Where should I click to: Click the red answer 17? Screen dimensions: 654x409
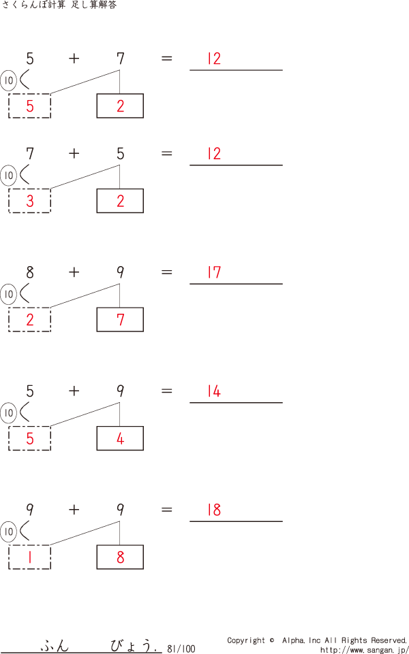(x=214, y=273)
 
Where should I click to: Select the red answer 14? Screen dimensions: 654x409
(x=214, y=391)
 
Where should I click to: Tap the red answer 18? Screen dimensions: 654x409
(x=214, y=510)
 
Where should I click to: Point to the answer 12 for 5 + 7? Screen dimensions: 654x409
(x=214, y=59)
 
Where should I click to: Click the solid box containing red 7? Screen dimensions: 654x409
(x=120, y=319)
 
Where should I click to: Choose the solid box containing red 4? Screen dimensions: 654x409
(x=120, y=438)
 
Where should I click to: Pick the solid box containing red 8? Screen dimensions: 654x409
(x=120, y=557)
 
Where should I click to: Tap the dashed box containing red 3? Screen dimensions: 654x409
(x=29, y=201)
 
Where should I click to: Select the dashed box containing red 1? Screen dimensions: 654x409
(x=29, y=557)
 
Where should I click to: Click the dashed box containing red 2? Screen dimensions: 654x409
(x=29, y=319)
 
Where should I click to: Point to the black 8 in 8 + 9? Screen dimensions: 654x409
(x=29, y=273)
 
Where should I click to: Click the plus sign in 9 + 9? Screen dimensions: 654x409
(x=74, y=510)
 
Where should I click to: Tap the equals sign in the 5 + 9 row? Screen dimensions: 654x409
(x=166, y=391)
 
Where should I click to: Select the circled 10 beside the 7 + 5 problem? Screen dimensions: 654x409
(x=9, y=176)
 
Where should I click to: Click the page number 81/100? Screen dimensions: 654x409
(x=181, y=649)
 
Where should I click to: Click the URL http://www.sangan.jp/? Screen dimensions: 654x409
(x=363, y=650)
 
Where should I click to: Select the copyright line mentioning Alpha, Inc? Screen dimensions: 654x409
(x=317, y=640)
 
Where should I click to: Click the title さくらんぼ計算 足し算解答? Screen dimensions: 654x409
(x=59, y=5)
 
